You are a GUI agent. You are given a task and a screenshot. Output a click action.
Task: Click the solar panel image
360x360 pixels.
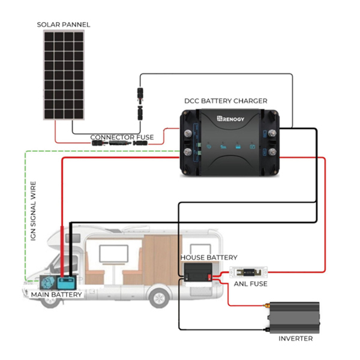click(64, 75)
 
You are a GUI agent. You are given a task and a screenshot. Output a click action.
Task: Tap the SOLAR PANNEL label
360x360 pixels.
click(64, 25)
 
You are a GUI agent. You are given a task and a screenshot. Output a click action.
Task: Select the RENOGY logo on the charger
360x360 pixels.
click(230, 119)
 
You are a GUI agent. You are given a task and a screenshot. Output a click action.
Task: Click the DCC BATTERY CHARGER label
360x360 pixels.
click(226, 101)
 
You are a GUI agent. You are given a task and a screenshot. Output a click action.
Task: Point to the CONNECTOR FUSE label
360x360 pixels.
click(122, 137)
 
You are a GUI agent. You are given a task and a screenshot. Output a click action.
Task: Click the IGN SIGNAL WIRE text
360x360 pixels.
click(33, 211)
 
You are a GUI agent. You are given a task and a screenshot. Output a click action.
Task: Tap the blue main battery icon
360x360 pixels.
click(67, 283)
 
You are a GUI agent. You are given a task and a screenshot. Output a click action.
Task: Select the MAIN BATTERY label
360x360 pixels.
click(56, 295)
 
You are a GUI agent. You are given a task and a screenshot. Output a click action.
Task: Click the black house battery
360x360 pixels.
click(198, 272)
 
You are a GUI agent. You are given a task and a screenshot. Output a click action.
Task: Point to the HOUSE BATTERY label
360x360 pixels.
click(209, 257)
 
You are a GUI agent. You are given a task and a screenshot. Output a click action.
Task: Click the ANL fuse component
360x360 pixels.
click(248, 272)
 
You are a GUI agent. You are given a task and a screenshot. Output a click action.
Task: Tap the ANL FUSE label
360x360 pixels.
click(250, 284)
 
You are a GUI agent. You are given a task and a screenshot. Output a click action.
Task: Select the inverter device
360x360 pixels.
click(293, 317)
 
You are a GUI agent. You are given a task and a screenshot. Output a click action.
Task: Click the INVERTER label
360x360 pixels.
click(295, 338)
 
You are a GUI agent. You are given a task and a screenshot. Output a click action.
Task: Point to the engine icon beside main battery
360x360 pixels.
click(48, 283)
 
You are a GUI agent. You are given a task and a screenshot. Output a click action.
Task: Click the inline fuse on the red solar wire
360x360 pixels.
click(120, 143)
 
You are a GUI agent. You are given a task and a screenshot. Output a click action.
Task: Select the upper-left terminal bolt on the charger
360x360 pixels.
click(188, 133)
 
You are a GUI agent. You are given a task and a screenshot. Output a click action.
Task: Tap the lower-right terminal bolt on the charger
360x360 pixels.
click(272, 152)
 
